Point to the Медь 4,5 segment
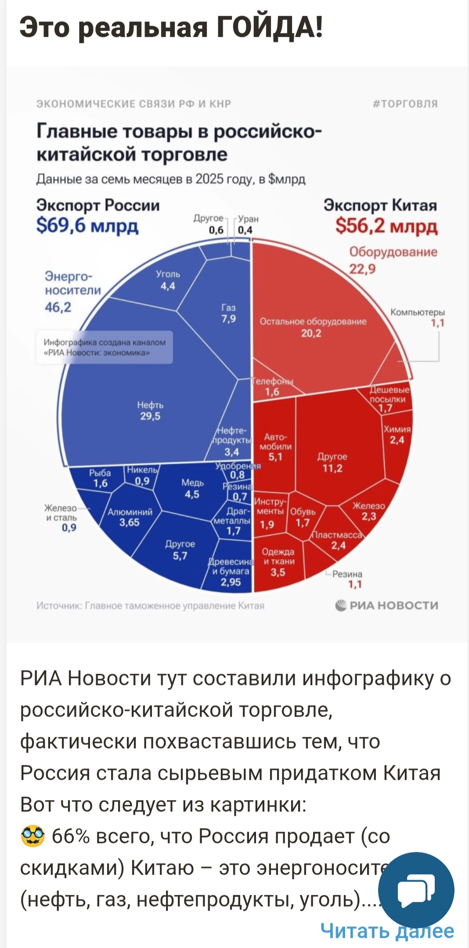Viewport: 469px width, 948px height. [x=192, y=488]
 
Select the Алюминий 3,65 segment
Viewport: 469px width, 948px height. [x=130, y=517]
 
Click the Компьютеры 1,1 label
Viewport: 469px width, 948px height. [x=418, y=317]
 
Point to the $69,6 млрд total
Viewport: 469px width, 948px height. [x=87, y=226]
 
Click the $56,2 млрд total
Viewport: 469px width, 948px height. [x=386, y=226]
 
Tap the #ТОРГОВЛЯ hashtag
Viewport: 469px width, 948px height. [x=405, y=104]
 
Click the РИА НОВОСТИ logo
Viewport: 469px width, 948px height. [x=386, y=605]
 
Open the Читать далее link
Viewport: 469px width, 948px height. [x=387, y=931]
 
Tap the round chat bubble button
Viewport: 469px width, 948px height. [x=416, y=890]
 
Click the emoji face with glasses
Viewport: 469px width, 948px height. [x=32, y=836]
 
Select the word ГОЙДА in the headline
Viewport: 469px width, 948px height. [x=269, y=27]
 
